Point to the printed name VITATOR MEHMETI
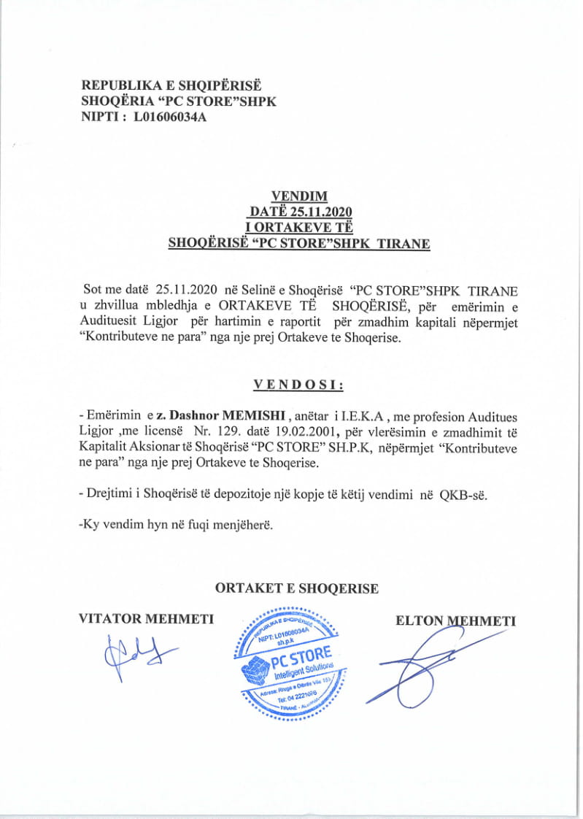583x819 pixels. [146, 620]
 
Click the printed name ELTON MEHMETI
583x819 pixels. [455, 621]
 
